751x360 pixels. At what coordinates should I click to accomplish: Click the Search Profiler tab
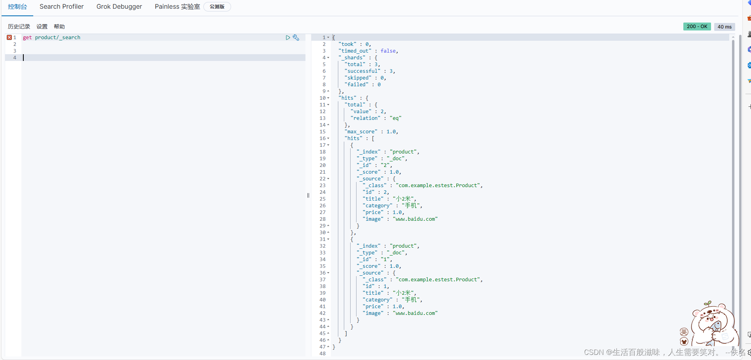click(61, 7)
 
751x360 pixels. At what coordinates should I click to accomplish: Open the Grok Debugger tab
click(119, 7)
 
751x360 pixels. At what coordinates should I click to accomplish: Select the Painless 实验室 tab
click(177, 7)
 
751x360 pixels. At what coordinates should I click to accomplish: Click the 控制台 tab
click(17, 7)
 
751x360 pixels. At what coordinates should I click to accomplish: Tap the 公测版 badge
click(217, 7)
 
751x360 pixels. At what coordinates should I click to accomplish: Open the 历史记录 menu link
click(19, 27)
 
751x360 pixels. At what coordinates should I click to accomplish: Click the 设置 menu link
click(42, 27)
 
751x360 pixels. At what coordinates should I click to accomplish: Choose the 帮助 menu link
click(59, 27)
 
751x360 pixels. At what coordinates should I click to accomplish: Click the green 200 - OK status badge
click(697, 27)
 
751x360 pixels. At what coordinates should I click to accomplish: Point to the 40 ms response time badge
click(724, 27)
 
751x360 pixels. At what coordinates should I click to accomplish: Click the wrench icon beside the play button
click(296, 38)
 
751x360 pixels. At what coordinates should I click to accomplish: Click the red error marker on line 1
click(9, 37)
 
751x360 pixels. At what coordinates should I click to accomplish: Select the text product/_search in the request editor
click(57, 38)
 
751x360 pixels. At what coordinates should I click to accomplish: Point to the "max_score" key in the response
click(361, 132)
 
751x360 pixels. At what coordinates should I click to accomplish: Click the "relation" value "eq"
click(395, 118)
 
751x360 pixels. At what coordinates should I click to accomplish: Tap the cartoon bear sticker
click(712, 324)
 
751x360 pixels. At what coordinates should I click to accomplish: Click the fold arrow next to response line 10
click(328, 98)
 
